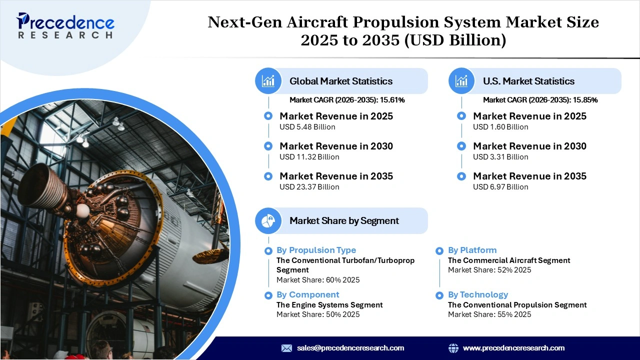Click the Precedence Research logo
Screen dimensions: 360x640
[x=65, y=25]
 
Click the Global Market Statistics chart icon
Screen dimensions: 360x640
[x=268, y=81]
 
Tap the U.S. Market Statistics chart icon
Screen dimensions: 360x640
[x=461, y=81]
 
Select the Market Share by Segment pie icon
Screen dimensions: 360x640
[x=268, y=220]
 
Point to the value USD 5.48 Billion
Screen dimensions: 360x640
[x=307, y=127]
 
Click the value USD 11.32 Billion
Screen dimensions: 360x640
[x=309, y=157]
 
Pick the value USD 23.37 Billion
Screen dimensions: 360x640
[x=309, y=187]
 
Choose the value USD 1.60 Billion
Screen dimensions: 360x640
[x=500, y=127]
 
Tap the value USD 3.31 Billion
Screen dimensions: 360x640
[x=500, y=157]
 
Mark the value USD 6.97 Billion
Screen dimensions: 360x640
[x=500, y=187]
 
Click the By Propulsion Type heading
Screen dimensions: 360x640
[x=316, y=250]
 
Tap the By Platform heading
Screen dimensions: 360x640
[x=472, y=250]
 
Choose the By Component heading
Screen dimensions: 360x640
[x=307, y=294]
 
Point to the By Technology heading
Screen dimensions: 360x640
[x=477, y=294]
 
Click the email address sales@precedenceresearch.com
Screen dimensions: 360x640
[x=350, y=348]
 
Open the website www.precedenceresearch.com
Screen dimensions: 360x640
[x=513, y=348]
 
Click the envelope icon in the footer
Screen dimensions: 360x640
[x=286, y=348]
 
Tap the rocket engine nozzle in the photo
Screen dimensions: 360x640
[x=42, y=187]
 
